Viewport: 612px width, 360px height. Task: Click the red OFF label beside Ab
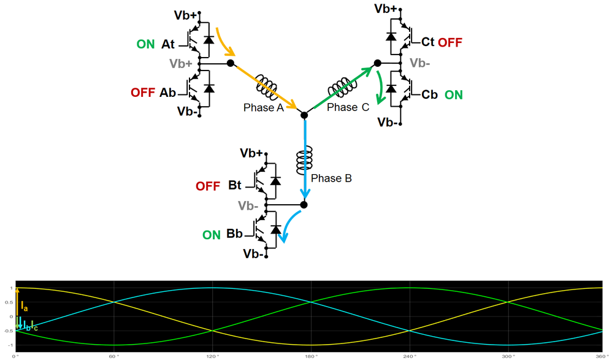click(x=143, y=93)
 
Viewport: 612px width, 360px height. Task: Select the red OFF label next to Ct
click(x=450, y=42)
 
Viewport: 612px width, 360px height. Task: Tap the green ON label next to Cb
click(x=453, y=95)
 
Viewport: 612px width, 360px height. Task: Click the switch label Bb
click(x=234, y=234)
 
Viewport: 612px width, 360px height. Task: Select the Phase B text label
click(x=331, y=178)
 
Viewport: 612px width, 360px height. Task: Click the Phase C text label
click(x=348, y=107)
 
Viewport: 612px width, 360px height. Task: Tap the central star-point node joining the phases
click(x=304, y=115)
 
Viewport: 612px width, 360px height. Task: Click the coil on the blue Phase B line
click(x=304, y=161)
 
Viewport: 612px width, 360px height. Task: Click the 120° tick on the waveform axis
click(x=212, y=356)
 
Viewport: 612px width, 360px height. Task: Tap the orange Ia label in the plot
click(x=25, y=306)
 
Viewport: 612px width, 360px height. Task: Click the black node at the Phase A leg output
click(x=230, y=63)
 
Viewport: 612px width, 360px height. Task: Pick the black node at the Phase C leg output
click(x=378, y=63)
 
